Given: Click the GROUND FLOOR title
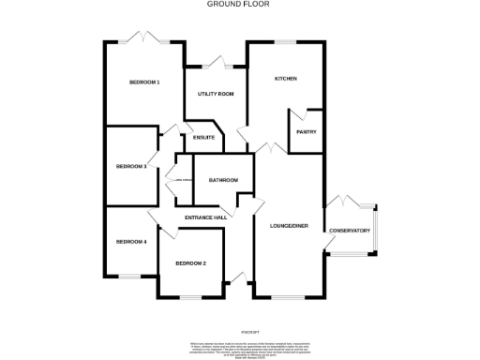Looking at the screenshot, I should coord(239,5).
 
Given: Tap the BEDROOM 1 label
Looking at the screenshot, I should coord(144,82).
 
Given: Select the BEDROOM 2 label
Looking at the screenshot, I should coord(190,263).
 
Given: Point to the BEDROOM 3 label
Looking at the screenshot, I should coord(131,166).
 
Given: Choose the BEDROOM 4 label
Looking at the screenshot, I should coord(131,242).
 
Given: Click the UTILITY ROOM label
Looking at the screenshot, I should coord(216,95).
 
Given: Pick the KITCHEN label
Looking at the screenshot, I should coord(286,79).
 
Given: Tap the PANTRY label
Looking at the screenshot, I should coord(307,132).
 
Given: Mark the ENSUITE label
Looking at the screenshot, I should coord(204,138).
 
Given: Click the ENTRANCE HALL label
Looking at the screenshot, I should coord(206,217).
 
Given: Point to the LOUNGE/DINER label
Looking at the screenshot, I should coord(289,226).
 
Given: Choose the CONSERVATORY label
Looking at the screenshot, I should coord(349,231).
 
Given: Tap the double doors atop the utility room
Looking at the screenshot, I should coord(217,63).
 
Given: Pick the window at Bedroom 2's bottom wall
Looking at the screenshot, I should coord(190,297).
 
